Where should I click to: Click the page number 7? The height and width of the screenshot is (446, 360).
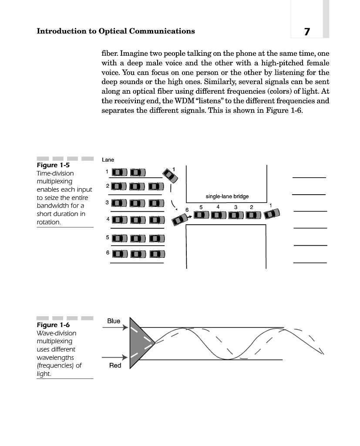pos(307,32)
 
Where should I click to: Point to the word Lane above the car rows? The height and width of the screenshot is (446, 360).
pos(108,160)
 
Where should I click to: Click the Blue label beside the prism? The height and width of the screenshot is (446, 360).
pos(114,321)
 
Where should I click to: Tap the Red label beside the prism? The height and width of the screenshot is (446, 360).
pos(115,365)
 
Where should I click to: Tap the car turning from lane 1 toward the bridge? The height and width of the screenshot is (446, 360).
pos(170,175)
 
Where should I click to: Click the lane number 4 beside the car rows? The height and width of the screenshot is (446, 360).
pos(107,219)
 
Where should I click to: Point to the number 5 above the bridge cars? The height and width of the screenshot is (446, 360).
pos(201,206)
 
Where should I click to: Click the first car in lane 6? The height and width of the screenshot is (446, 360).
pos(120,254)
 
